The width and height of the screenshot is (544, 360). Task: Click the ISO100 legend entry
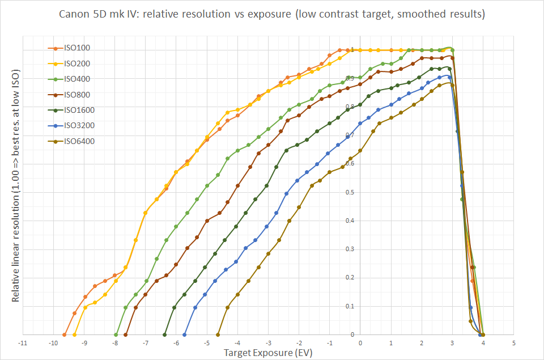(70, 48)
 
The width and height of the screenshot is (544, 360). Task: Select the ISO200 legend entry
(70, 63)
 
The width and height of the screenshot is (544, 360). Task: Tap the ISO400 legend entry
(70, 79)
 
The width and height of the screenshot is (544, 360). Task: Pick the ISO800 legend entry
(70, 95)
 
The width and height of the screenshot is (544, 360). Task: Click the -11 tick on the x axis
(23, 343)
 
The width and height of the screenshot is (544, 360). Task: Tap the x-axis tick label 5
(513, 343)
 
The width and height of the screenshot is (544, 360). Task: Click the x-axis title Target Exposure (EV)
(268, 353)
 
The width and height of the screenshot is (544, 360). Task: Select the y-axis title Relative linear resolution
(16, 187)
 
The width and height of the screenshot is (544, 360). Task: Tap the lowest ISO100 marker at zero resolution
(65, 334)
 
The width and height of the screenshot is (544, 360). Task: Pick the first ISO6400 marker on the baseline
(218, 334)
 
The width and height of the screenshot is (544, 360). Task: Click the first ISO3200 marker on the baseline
(185, 334)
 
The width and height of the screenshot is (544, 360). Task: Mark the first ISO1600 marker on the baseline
(165, 334)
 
